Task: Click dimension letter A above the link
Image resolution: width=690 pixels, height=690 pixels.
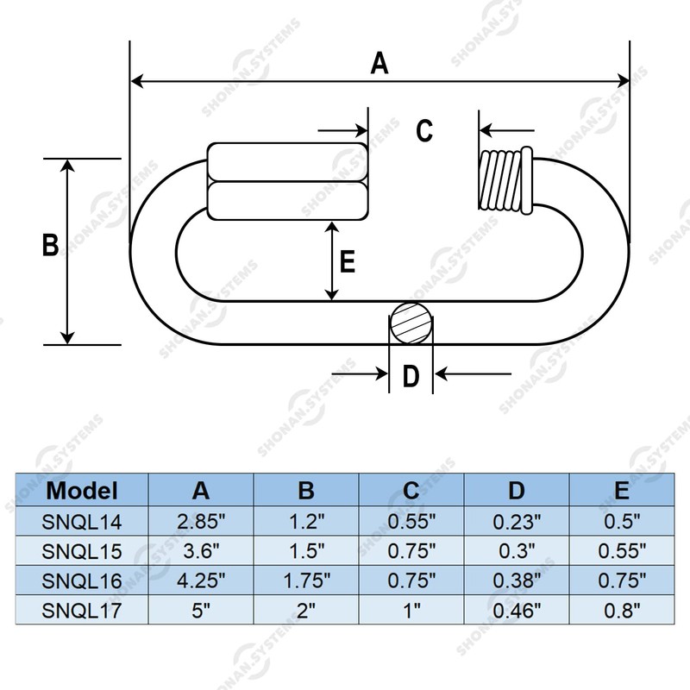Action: pos(379,64)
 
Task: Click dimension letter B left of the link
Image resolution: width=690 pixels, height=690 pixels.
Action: pos(50,245)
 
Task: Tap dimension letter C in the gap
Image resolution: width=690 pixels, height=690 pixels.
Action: pos(423,131)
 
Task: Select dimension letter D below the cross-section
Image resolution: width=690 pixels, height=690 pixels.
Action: pos(411,376)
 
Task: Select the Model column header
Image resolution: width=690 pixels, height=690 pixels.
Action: pos(81,492)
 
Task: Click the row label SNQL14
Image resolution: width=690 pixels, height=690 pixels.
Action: pos(81,521)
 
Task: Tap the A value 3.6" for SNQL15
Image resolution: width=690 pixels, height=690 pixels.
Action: pos(201,550)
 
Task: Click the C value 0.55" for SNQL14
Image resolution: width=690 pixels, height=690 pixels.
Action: pos(411,521)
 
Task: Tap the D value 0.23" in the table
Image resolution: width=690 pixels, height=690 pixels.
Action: pos(517,521)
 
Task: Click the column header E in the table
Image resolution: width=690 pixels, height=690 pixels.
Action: pos(621,492)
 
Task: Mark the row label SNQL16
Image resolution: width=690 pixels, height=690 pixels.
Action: pos(81,580)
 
